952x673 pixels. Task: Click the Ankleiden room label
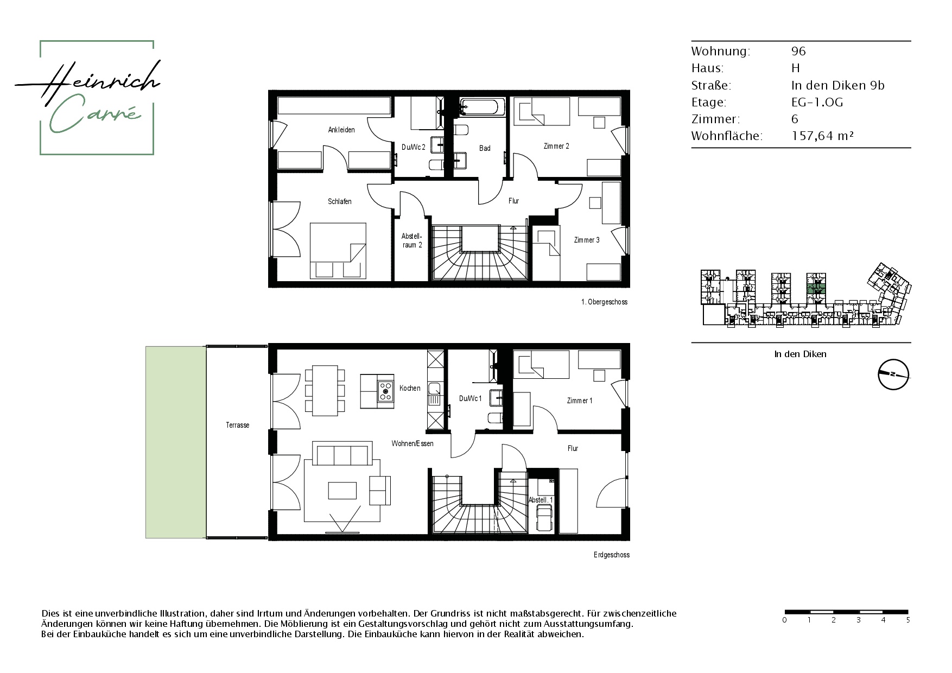341,130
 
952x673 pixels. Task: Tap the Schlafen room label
340,201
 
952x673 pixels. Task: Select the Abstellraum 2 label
411,240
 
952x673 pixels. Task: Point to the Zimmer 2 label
556,146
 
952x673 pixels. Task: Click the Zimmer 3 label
587,240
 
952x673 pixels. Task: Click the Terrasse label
238,425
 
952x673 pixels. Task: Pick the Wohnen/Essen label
412,443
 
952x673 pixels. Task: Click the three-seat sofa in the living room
341,453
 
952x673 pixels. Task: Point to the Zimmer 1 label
580,401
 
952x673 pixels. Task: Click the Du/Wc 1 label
471,399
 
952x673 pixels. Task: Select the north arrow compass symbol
893,374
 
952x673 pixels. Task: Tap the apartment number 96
798,51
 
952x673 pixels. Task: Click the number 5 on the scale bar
908,620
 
